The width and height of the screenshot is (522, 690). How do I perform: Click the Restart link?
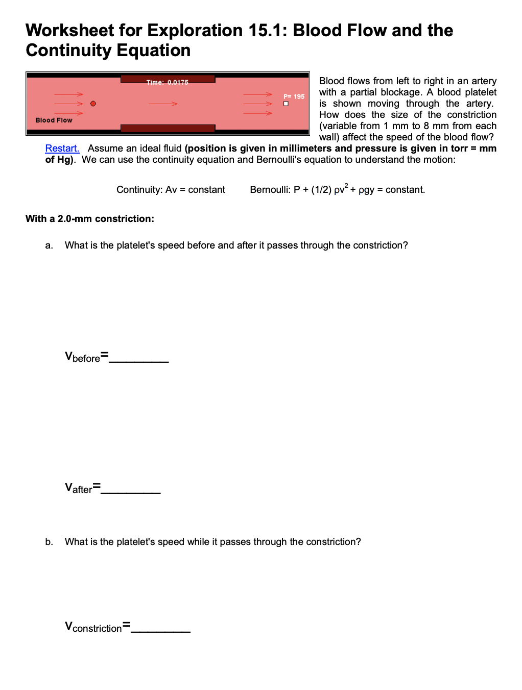click(62, 149)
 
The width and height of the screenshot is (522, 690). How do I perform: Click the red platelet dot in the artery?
click(93, 104)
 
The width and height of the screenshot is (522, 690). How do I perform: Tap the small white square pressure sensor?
click(286, 104)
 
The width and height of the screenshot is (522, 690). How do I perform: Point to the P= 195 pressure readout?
click(294, 96)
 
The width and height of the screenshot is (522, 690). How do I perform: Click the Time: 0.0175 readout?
click(167, 83)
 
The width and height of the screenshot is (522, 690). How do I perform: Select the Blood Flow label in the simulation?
click(54, 120)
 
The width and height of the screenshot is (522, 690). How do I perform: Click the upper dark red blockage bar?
click(168, 78)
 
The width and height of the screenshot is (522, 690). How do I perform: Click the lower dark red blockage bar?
click(168, 128)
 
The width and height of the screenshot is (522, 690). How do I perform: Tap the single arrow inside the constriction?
click(163, 104)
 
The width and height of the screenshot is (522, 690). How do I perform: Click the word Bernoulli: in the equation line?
click(270, 190)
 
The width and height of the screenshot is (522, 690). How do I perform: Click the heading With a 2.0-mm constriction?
click(90, 219)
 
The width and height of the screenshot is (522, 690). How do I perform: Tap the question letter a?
click(49, 245)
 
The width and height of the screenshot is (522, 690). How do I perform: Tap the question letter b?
click(49, 542)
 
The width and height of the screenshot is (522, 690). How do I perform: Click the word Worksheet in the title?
click(70, 31)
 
